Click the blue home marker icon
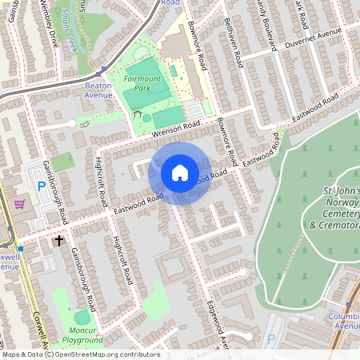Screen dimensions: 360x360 [179, 173]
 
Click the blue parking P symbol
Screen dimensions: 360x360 [42, 186]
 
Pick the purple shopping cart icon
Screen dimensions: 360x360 [18, 205]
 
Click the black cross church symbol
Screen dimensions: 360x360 [58, 239]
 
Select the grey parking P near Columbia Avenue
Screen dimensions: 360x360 [270, 338]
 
